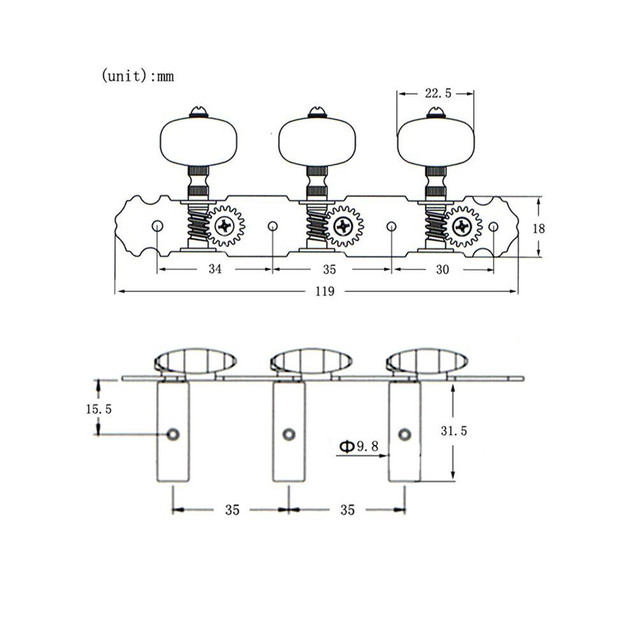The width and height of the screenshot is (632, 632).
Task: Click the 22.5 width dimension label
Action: coord(438,93)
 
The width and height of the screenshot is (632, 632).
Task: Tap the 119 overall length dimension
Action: coord(325,291)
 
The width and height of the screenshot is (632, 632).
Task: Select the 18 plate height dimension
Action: coord(539,229)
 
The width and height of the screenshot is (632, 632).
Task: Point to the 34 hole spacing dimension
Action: coord(215,269)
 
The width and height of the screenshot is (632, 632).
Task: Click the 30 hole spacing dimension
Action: coord(442,269)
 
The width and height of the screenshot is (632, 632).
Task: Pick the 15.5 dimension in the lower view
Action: coord(98,409)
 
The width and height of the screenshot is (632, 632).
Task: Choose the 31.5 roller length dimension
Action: coord(453,431)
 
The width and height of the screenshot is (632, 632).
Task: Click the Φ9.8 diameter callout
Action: coord(359,446)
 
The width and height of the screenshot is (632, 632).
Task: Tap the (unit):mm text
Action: coord(137,76)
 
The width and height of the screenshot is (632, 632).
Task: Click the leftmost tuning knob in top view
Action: coord(199,141)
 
